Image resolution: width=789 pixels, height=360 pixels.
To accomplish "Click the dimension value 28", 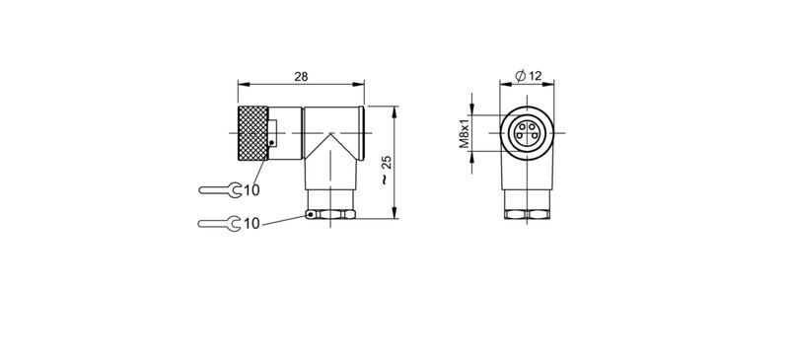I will tap(301, 76).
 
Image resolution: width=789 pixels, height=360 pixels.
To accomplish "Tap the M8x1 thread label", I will tap(464, 131).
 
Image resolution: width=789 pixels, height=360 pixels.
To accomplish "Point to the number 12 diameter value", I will tap(536, 77).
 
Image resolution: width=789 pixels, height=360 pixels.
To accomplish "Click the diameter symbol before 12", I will tap(520, 77).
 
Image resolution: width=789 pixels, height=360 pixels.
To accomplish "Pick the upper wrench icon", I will tap(218, 188).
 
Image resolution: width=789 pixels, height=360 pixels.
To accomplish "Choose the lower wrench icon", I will tap(218, 223).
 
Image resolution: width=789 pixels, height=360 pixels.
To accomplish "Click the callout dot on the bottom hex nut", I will tap(310, 214).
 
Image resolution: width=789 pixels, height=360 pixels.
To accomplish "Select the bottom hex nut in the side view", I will tap(330, 213).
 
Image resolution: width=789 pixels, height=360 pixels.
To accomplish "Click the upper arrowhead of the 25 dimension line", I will tap(395, 109).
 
